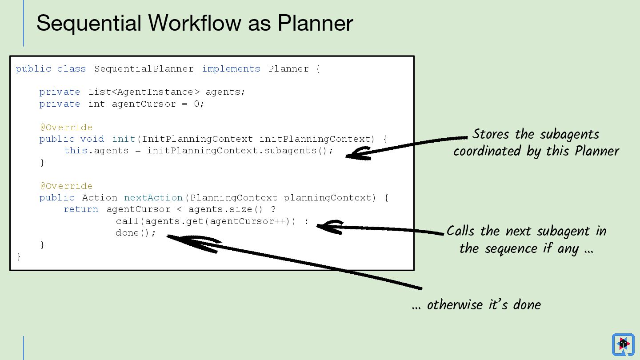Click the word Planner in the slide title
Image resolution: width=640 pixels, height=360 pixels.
coord(315,23)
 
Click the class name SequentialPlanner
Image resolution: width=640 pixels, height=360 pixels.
coord(144,69)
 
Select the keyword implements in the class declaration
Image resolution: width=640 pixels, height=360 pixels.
coord(231,69)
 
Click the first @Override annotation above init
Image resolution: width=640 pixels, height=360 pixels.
coord(66,128)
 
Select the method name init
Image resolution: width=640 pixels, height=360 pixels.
coord(124,139)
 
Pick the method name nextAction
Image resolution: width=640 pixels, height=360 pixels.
coord(153,198)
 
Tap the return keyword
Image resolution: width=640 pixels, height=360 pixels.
coord(81,209)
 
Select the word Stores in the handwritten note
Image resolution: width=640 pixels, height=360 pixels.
coord(491,134)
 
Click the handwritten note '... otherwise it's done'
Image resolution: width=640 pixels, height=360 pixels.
coord(476,305)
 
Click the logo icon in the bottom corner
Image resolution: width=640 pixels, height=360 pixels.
coord(623,344)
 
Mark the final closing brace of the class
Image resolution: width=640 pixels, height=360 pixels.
coord(19,256)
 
